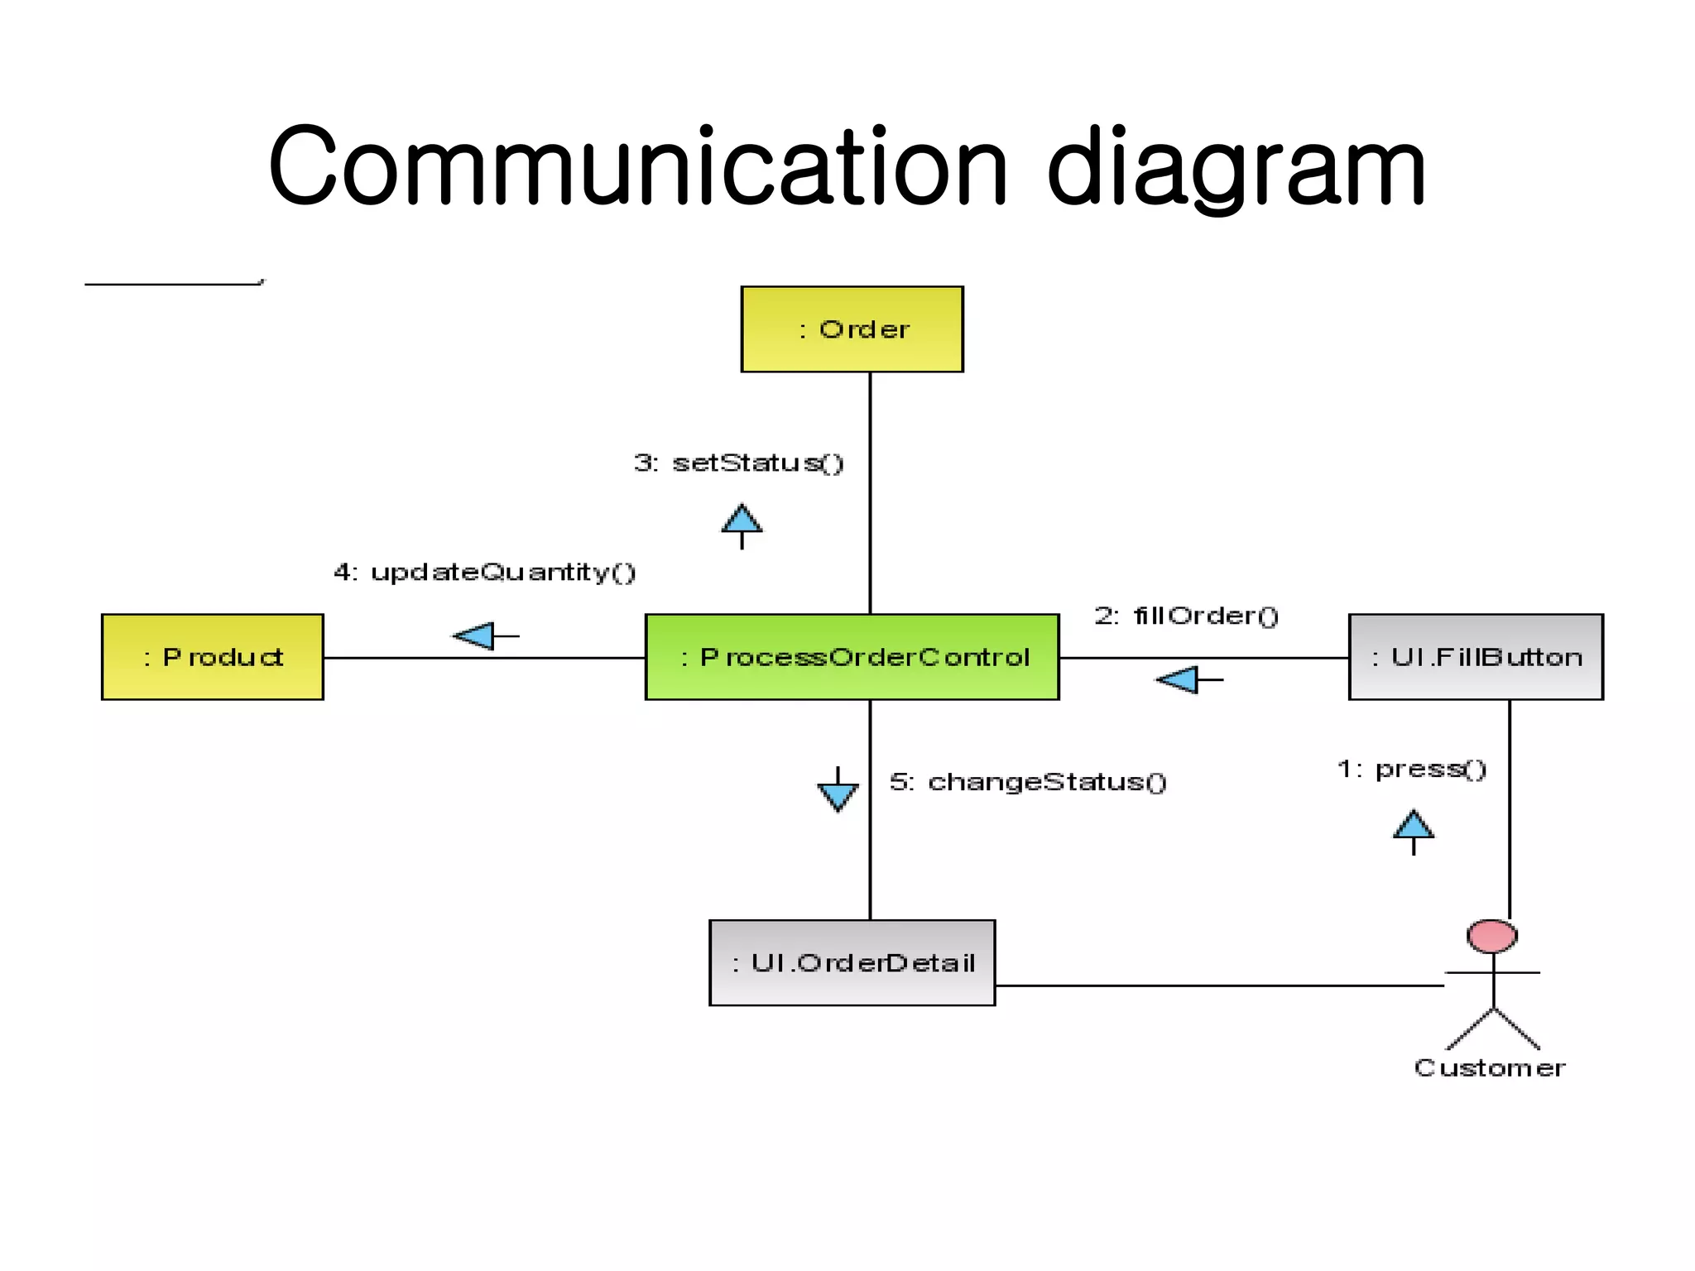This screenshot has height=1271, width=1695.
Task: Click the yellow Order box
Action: coord(852,329)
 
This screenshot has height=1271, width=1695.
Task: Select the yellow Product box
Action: coord(213,657)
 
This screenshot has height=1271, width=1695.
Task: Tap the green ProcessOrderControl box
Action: coord(852,657)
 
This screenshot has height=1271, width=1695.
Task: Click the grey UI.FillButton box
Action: coord(1476,657)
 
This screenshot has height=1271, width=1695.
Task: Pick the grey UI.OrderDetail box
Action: coord(852,962)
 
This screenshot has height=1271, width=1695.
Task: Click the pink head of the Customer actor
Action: coord(1491,936)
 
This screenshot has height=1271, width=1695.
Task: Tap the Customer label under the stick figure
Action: coord(1490,1068)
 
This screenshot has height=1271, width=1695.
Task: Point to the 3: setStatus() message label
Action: coord(738,463)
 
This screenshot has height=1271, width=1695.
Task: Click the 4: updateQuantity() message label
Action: coord(484,572)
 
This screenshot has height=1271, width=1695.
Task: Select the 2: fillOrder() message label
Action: coord(1186,616)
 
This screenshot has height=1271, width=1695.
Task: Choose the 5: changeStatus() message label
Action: coord(1028,782)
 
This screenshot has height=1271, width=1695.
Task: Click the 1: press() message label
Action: coord(1412,769)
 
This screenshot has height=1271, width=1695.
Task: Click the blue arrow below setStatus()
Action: coord(742,525)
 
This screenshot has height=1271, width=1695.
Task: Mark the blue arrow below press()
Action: coord(1413,830)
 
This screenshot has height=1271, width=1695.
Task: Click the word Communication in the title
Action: coord(637,167)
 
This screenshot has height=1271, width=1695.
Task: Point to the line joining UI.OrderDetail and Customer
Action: coord(1217,986)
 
